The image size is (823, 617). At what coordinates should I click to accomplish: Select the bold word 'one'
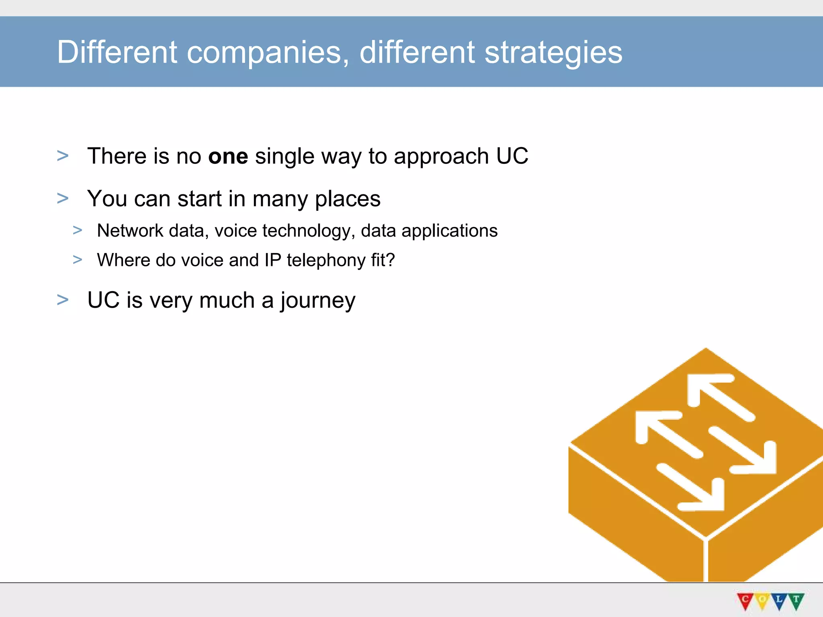click(228, 156)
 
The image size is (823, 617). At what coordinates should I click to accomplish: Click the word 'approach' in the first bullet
click(441, 157)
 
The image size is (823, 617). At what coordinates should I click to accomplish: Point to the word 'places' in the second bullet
click(347, 199)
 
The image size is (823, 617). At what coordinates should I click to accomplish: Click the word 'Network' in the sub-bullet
click(130, 231)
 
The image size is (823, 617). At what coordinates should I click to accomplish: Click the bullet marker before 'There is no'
click(63, 156)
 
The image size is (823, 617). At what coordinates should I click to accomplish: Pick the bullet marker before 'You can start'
click(63, 198)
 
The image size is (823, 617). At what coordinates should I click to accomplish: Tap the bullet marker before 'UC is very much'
click(63, 300)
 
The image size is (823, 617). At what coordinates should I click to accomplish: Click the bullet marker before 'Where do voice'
click(78, 260)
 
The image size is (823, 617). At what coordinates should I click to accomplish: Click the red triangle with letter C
click(745, 600)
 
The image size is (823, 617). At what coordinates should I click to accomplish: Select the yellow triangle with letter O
click(762, 600)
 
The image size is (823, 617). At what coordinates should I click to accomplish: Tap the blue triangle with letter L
click(779, 600)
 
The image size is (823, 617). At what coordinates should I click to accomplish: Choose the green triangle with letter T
click(796, 600)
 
